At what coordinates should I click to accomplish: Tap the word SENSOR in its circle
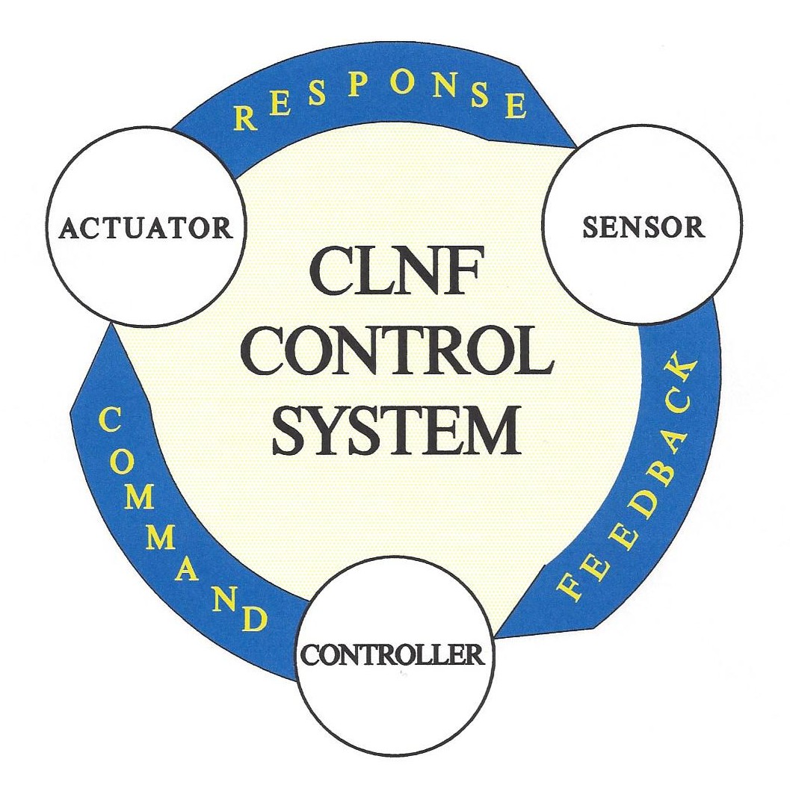pos(644,227)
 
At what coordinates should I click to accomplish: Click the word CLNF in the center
pos(395,273)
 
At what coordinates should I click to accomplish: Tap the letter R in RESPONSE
pos(246,119)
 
